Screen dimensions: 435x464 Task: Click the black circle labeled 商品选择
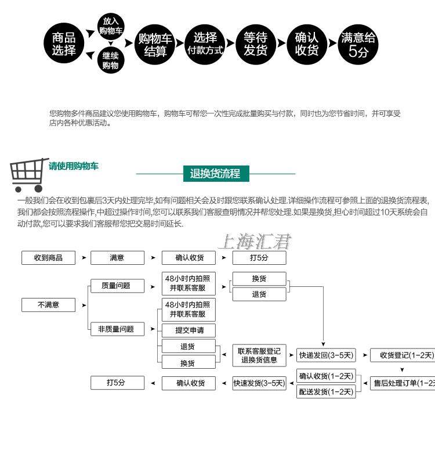[x=64, y=44]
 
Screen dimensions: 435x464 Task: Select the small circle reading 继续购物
[x=110, y=60]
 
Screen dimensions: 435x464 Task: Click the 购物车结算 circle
[x=155, y=44]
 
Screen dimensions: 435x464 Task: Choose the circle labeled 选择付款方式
[x=205, y=44]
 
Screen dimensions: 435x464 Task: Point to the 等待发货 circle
[x=255, y=44]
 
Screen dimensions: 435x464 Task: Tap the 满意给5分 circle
[x=358, y=44]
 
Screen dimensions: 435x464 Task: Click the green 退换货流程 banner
[x=215, y=173]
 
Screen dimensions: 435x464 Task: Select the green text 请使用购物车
[x=74, y=166]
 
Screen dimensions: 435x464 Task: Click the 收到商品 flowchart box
[x=48, y=257]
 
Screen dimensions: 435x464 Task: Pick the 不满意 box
[x=48, y=304]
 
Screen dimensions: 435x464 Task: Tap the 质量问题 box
[x=116, y=286]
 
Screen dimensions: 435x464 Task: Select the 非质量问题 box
[x=116, y=329]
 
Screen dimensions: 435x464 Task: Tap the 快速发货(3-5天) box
[x=259, y=383]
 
